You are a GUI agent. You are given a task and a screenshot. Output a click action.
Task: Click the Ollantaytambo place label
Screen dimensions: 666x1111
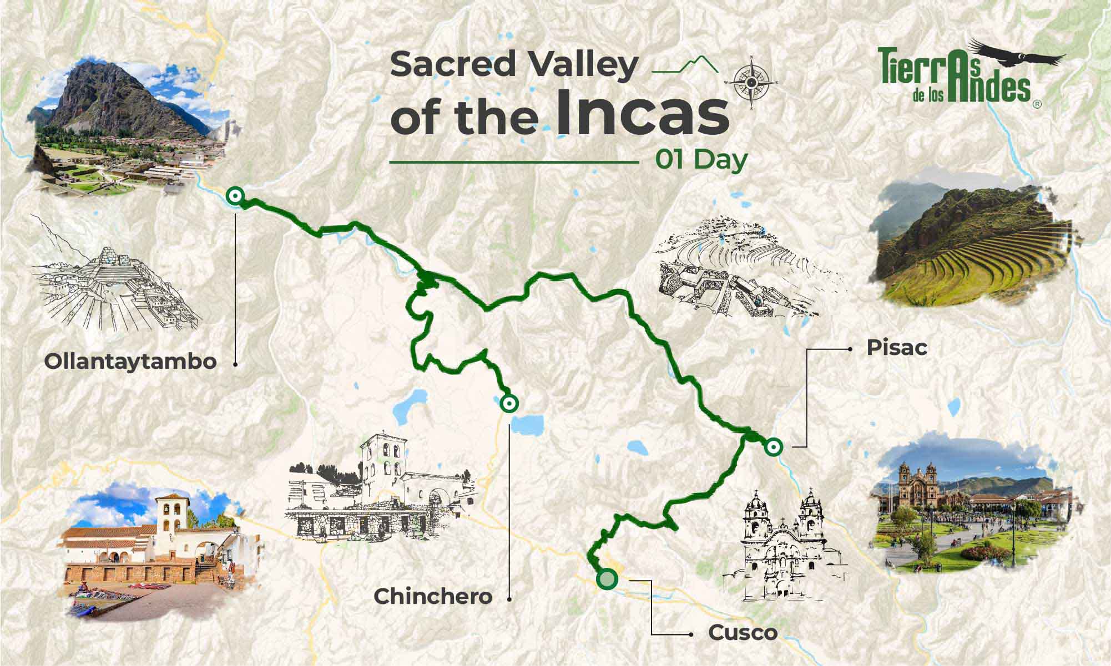click(130, 362)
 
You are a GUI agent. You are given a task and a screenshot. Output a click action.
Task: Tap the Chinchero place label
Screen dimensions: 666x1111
click(433, 597)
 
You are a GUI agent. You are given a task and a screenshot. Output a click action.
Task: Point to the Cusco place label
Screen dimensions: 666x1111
click(742, 633)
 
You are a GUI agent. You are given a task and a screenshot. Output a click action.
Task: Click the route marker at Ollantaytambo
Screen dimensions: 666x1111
click(235, 195)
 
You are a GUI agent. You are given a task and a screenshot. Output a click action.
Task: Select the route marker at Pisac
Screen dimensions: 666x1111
click(773, 446)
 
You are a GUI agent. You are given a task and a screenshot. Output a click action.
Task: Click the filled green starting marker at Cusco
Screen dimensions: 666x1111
click(607, 579)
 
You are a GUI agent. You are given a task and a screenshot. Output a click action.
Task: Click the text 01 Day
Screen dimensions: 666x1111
click(701, 160)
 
